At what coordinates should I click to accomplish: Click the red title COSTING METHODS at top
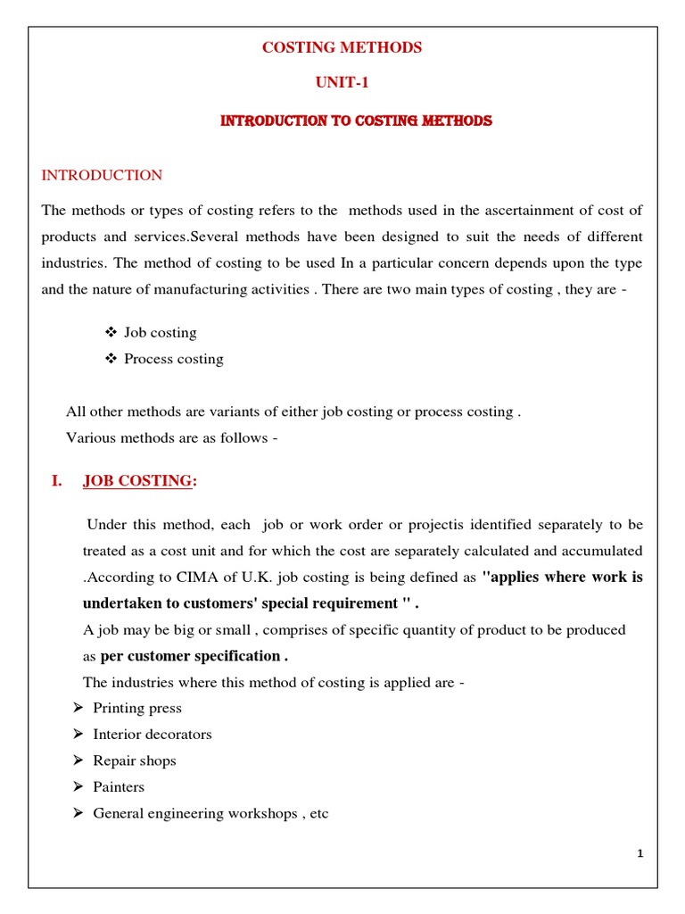[342, 48]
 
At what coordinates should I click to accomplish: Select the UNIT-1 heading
[342, 83]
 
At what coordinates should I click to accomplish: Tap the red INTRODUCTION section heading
[102, 176]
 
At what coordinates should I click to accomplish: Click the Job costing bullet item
[161, 333]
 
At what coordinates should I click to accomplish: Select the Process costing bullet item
[173, 359]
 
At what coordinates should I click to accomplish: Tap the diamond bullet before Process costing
[111, 359]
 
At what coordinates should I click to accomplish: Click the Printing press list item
[137, 708]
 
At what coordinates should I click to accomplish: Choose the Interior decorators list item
[153, 735]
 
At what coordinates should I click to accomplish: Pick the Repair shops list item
[135, 760]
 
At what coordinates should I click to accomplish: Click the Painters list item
[119, 787]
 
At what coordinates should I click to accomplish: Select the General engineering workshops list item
[210, 814]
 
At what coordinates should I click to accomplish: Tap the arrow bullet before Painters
[77, 787]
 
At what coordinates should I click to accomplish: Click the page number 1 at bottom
[640, 854]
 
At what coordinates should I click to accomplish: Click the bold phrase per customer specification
[194, 656]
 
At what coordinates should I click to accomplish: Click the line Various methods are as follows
[172, 437]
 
